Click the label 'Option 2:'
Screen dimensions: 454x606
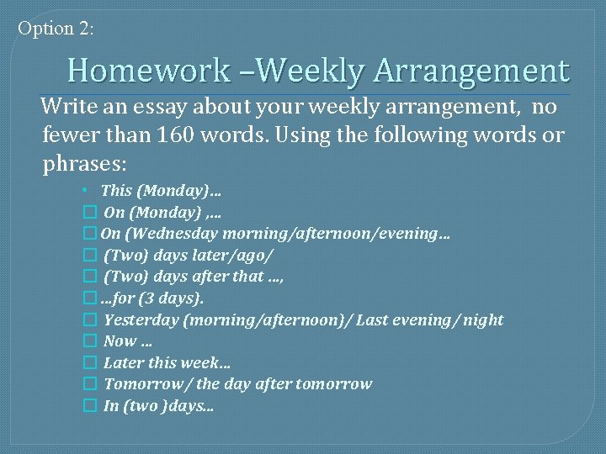(x=56, y=28)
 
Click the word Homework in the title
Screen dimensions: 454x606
(x=148, y=70)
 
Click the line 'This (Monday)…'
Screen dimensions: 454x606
(x=156, y=191)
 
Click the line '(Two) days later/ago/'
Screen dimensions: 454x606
(x=189, y=255)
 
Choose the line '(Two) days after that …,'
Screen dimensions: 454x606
(x=193, y=276)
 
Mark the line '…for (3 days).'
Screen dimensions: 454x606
(x=151, y=298)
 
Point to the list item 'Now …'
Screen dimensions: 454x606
(x=128, y=340)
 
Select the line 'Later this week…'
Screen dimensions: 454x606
(x=167, y=362)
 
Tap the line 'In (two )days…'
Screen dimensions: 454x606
(x=158, y=405)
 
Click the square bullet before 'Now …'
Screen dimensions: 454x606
(x=90, y=341)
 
